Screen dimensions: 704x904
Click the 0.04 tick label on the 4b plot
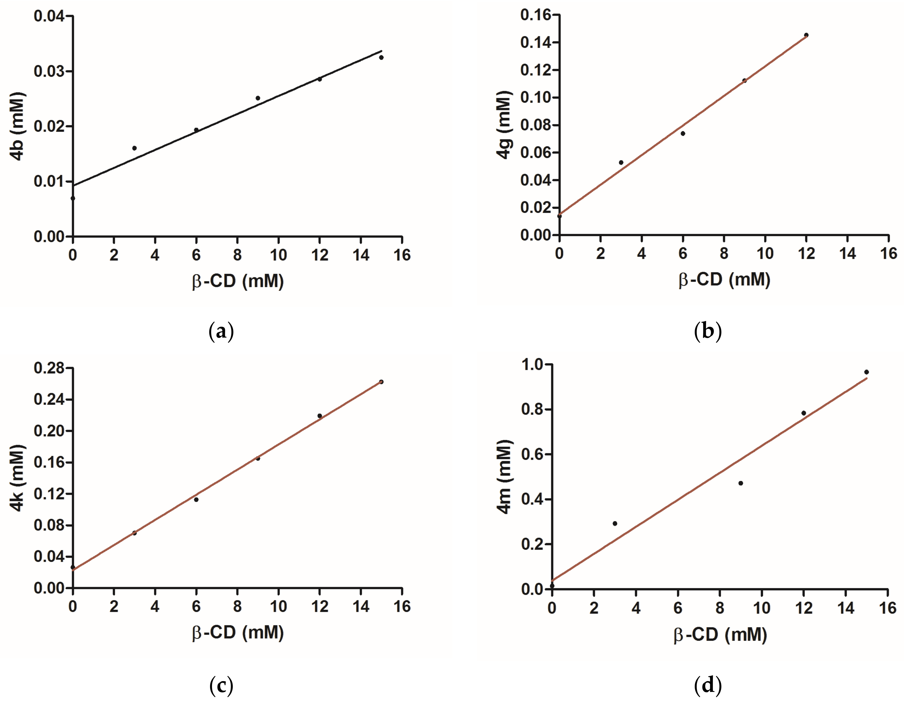[x=49, y=16]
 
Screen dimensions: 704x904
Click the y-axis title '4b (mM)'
[x=17, y=126]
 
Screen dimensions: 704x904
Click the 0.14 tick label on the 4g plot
[x=536, y=42]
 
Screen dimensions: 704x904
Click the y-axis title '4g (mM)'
[x=504, y=124]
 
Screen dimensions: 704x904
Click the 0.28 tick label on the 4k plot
[x=49, y=368]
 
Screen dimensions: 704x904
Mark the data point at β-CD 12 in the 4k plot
[x=319, y=416]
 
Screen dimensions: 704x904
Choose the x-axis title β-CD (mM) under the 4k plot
[x=238, y=632]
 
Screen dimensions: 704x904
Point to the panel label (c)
[x=221, y=685]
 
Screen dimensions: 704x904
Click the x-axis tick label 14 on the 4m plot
[x=846, y=608]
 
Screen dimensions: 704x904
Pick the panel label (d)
[x=708, y=685]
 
